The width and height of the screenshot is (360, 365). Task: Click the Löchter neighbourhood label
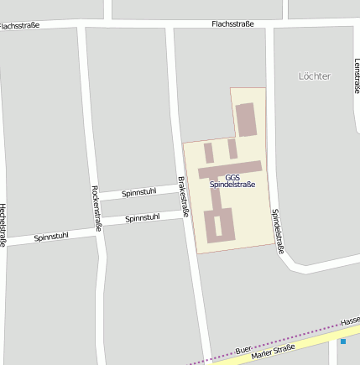315,76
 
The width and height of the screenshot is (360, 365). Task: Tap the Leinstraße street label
357,76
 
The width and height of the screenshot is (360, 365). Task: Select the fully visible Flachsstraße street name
232,23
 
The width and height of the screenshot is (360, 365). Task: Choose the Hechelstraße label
3,225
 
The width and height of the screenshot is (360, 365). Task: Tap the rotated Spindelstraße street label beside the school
277,231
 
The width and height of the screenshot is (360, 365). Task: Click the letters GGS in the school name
232,177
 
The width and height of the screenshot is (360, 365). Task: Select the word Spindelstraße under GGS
232,185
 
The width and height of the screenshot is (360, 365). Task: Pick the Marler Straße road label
272,352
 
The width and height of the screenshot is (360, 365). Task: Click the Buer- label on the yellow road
243,347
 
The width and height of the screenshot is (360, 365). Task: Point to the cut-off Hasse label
351,321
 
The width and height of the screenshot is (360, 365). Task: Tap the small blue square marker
342,342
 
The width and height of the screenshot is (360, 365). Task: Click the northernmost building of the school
245,119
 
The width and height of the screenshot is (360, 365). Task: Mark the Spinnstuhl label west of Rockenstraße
50,237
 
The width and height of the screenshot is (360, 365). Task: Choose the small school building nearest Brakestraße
208,153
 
